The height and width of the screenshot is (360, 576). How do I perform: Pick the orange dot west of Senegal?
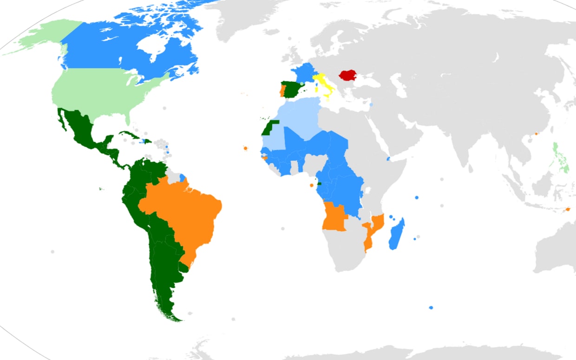tap(245, 149)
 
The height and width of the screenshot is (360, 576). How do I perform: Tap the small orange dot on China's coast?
tap(536, 134)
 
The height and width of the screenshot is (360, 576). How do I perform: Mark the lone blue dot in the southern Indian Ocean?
tap(431, 308)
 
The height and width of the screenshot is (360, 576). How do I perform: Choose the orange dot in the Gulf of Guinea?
tap(312, 185)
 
